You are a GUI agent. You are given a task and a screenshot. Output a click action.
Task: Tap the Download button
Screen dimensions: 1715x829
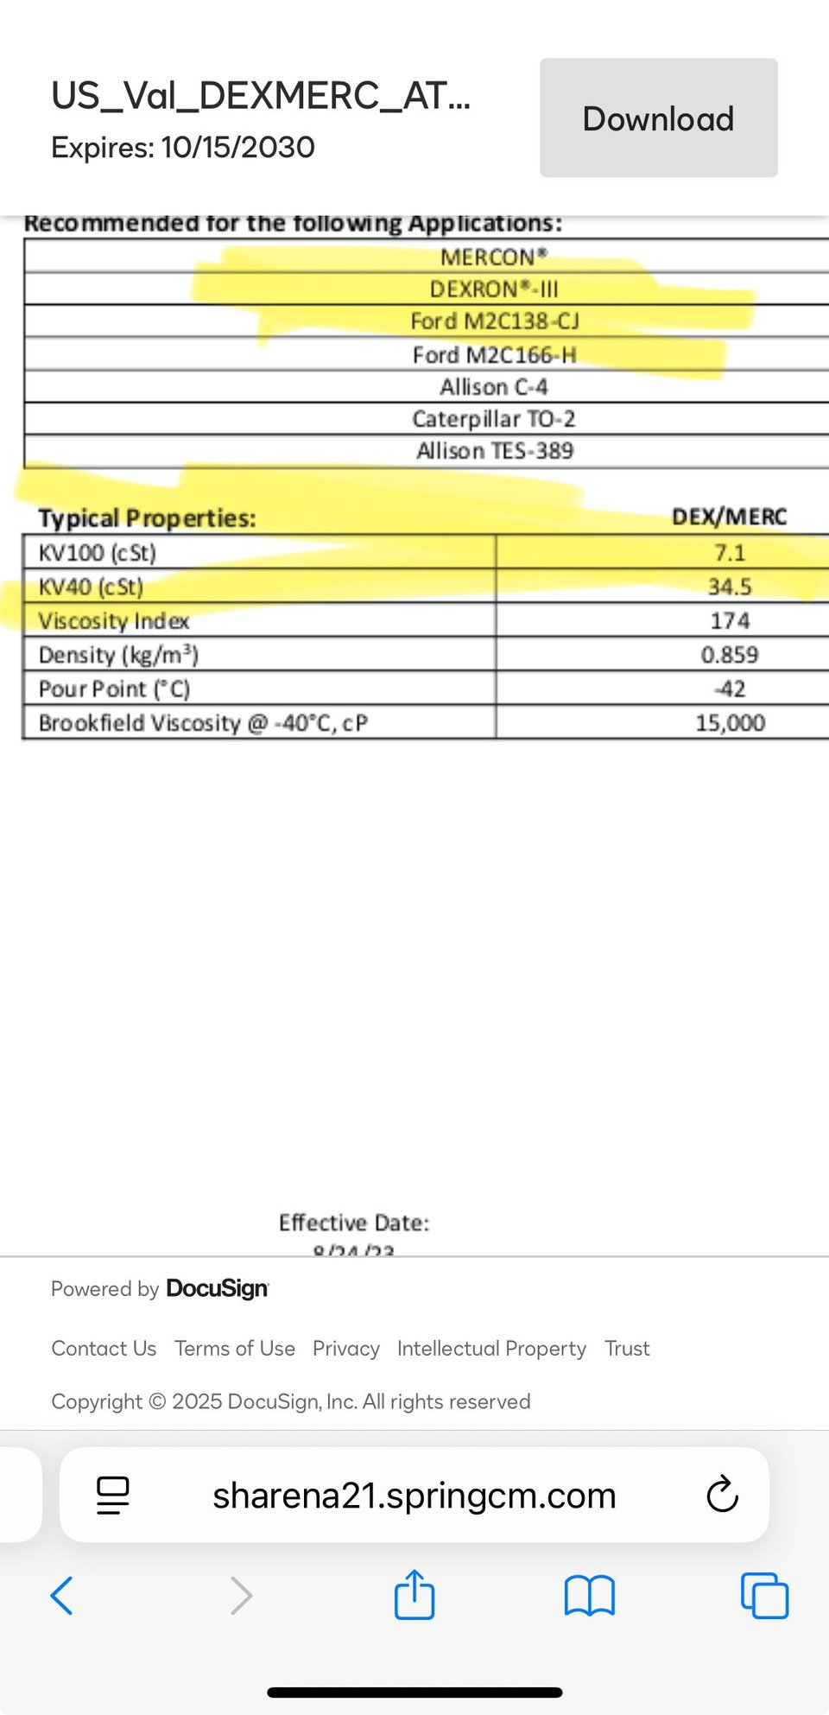coord(658,118)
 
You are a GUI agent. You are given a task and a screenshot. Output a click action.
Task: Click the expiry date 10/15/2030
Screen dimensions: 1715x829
coord(237,148)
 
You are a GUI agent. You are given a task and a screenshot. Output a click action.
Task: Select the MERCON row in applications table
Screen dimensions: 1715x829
coord(493,257)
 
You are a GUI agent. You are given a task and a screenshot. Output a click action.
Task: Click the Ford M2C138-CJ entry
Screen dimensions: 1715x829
coord(494,321)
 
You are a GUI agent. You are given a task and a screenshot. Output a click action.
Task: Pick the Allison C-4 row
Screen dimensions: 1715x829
coord(493,387)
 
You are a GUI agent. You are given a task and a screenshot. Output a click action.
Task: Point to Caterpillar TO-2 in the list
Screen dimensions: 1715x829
coord(493,419)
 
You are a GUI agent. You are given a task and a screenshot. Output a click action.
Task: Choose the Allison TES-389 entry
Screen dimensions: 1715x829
coord(494,451)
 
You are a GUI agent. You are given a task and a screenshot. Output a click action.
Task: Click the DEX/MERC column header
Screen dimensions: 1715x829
coord(729,517)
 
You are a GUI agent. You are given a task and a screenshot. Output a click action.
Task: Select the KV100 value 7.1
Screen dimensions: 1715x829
coord(730,553)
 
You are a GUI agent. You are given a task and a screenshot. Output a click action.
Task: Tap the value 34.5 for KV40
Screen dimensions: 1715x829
coord(730,588)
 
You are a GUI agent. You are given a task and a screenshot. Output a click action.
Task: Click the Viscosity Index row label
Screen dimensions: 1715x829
coord(113,621)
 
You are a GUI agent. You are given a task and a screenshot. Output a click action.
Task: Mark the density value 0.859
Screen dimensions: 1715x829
coord(730,655)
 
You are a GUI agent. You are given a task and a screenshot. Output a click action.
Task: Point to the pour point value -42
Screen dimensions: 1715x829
coord(730,689)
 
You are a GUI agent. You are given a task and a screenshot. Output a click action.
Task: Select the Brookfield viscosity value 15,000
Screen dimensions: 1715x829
coord(730,723)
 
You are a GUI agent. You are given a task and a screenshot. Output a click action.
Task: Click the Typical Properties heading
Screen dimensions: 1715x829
coord(147,518)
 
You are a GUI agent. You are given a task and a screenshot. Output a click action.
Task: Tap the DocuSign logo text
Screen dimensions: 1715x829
coord(217,1288)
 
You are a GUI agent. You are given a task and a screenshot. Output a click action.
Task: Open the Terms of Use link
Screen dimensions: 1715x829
coord(235,1349)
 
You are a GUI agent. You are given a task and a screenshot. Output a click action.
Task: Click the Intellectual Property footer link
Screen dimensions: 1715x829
coord(491,1349)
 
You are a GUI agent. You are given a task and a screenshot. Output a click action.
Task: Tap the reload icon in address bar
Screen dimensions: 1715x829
coord(722,1495)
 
